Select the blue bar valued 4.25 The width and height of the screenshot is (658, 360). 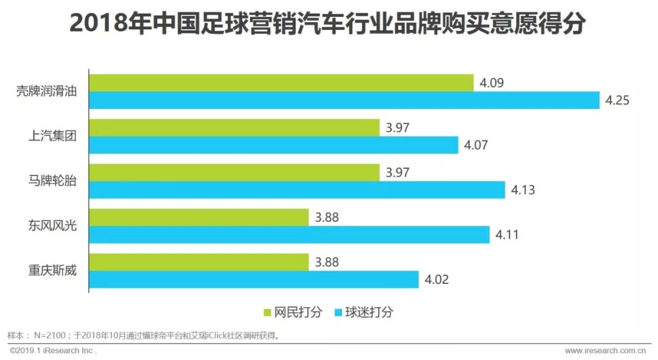point(345,101)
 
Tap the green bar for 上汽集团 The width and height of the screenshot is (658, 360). point(235,128)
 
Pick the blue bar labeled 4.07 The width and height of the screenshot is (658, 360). point(274,145)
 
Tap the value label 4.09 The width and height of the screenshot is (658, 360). point(491,83)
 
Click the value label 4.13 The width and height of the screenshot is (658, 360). point(523,190)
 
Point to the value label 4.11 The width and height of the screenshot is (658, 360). point(507,235)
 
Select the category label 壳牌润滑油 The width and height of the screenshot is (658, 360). point(46,92)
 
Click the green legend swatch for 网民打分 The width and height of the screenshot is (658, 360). point(267,312)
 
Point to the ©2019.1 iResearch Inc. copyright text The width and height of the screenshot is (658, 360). point(52,351)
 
